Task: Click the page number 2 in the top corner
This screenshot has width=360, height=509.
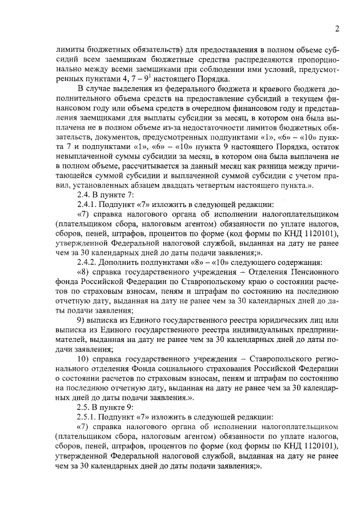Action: tap(336, 29)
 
